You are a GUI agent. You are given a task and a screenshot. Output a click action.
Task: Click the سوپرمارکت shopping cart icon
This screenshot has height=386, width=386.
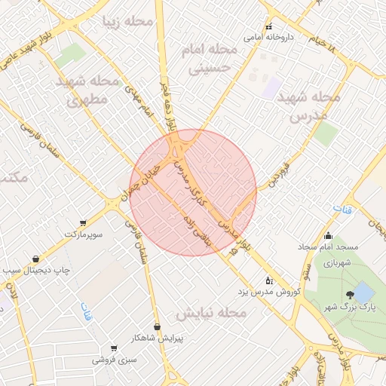tap(83, 223)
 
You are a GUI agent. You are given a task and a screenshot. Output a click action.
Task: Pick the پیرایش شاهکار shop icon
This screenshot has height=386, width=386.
tap(157, 326)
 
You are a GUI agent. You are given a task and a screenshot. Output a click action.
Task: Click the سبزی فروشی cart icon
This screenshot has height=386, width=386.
tap(114, 348)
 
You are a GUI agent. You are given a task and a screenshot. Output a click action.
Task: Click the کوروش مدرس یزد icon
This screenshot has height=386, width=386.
tap(270, 280)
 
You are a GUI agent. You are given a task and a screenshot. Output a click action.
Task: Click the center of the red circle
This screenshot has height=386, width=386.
tap(193, 191)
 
